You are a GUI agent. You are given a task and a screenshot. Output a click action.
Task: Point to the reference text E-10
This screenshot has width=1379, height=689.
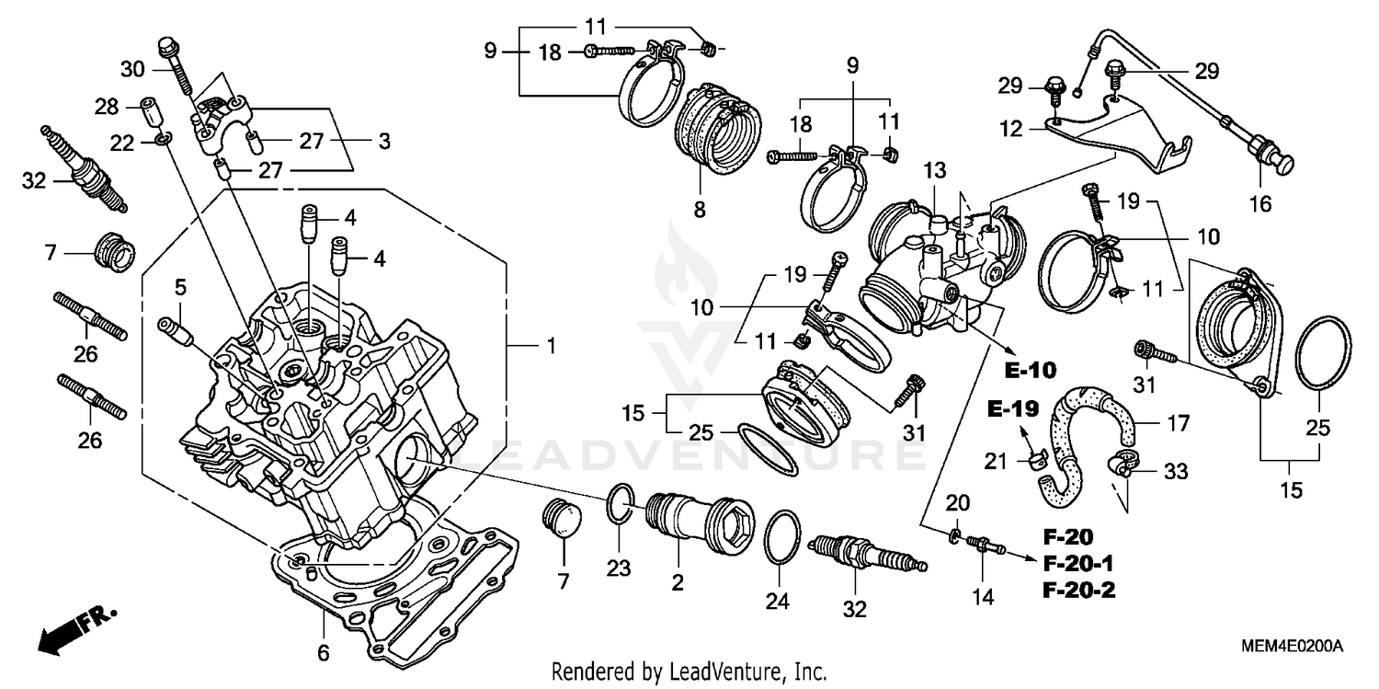(x=1030, y=370)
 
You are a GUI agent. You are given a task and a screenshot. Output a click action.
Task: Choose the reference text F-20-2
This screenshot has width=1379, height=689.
(x=1078, y=591)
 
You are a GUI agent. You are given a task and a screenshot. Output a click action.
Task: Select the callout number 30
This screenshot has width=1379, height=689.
(x=133, y=68)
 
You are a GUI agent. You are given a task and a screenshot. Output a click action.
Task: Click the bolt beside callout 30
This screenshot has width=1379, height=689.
(x=175, y=64)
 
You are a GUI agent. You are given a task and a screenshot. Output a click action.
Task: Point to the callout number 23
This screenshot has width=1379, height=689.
(x=619, y=568)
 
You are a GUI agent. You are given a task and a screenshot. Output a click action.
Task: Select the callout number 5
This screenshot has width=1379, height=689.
(x=180, y=287)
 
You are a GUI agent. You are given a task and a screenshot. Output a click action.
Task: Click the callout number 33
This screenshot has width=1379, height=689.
(x=1175, y=472)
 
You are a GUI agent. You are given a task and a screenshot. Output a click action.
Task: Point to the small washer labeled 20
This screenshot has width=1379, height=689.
(x=956, y=534)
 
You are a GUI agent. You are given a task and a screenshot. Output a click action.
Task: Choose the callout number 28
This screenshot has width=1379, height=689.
(x=108, y=107)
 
